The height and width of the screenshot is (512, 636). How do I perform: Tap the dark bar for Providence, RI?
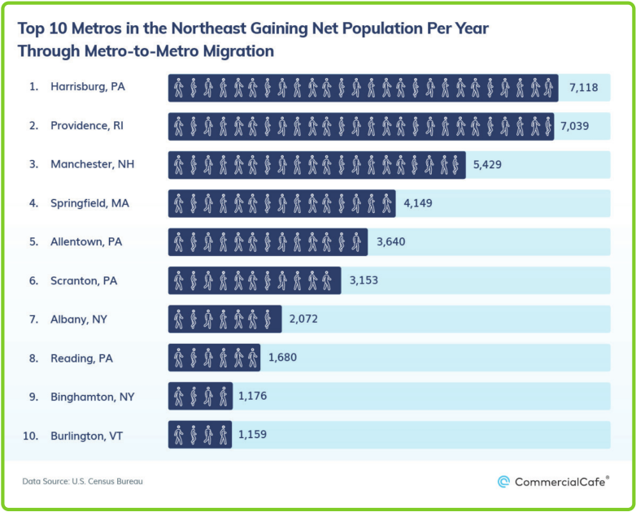[x=361, y=126]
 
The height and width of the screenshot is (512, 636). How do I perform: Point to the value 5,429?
[x=488, y=164]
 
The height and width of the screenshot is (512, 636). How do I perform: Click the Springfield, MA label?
[x=89, y=203]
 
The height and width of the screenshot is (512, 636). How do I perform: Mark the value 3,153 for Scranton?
[x=364, y=281]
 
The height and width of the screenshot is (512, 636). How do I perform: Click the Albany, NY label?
[x=81, y=319]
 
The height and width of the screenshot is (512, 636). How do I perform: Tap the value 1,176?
[x=252, y=397]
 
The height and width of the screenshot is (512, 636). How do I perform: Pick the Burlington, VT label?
[x=88, y=436]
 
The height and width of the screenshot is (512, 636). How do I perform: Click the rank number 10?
[x=31, y=436]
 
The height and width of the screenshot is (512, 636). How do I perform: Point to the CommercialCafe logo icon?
[x=504, y=482]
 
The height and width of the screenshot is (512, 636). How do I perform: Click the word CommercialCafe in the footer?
[x=561, y=482]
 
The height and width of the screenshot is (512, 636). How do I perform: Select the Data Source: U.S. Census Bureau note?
[x=83, y=482]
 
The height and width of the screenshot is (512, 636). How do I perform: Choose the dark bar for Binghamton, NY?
[x=200, y=397]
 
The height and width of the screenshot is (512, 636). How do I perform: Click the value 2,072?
[x=303, y=319]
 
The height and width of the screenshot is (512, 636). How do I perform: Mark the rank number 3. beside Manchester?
[x=33, y=164]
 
